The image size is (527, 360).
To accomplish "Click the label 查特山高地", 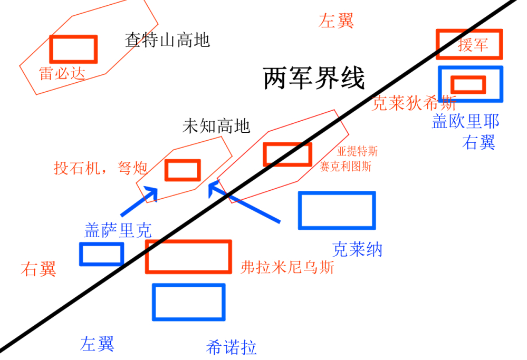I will click(x=167, y=40).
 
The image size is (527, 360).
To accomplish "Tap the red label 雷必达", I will click(x=62, y=73).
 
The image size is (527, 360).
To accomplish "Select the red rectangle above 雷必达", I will click(x=73, y=48).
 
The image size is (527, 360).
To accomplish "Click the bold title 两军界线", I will click(x=314, y=80).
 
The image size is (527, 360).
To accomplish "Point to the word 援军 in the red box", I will click(x=473, y=45).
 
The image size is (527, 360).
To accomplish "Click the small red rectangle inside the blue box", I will click(x=468, y=84).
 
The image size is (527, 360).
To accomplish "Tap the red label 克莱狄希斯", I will click(x=414, y=103).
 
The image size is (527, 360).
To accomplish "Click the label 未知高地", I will click(x=216, y=126).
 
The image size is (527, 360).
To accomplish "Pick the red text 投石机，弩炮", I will click(x=100, y=169).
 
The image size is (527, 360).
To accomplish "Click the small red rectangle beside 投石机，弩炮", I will click(x=183, y=170).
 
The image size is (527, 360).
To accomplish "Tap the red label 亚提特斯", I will click(x=358, y=152).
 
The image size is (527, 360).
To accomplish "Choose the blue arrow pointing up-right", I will click(x=140, y=201).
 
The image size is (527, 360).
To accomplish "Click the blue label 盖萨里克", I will click(x=118, y=230).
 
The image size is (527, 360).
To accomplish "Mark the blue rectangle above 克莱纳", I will click(x=337, y=211).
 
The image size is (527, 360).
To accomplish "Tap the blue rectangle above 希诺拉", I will click(x=188, y=302).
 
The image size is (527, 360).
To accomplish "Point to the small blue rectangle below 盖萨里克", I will click(x=101, y=254).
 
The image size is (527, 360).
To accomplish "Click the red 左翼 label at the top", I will click(x=336, y=21).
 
